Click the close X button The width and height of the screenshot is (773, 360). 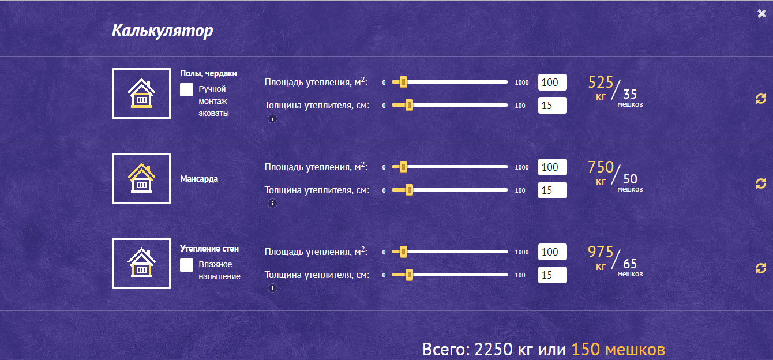(761, 13)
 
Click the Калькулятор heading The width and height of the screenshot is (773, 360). (162, 31)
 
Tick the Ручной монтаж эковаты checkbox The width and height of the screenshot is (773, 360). (186, 90)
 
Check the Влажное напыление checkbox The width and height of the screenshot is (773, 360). (186, 265)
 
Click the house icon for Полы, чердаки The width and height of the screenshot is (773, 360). (141, 93)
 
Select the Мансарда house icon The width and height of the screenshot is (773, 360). (141, 178)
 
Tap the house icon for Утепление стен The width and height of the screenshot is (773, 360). (141, 263)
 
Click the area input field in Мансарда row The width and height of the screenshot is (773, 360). (552, 167)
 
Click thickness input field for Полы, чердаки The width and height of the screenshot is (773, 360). (552, 105)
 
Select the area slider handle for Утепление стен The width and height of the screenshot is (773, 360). (403, 252)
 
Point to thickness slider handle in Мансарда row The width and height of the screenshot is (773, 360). (409, 190)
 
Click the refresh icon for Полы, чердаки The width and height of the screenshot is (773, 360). (760, 99)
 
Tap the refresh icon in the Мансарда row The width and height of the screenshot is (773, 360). (760, 183)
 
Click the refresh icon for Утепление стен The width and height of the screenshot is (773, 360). (760, 268)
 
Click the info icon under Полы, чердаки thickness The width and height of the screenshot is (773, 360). (272, 119)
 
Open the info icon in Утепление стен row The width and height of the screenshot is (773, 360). (272, 288)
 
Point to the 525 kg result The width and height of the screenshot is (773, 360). (601, 82)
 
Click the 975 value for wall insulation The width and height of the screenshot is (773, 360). (601, 252)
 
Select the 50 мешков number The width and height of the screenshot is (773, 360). (630, 179)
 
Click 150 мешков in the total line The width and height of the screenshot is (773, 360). (618, 350)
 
